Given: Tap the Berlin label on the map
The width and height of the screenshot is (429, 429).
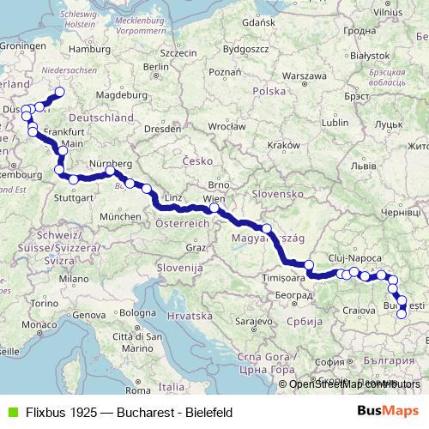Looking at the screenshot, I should coord(154,66).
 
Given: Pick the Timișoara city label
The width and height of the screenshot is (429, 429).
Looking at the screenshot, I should coord(285,278).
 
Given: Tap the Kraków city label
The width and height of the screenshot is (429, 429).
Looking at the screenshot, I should coord(281,146).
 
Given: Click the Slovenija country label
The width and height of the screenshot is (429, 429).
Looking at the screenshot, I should coord(178,268).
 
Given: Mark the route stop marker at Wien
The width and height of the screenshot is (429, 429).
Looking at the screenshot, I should coord(214,208).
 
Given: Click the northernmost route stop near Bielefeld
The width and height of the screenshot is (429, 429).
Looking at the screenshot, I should coord(59,93).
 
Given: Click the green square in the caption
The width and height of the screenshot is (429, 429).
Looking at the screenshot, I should coord(11,412).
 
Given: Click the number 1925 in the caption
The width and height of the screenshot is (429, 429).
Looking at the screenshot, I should coord(80,412).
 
